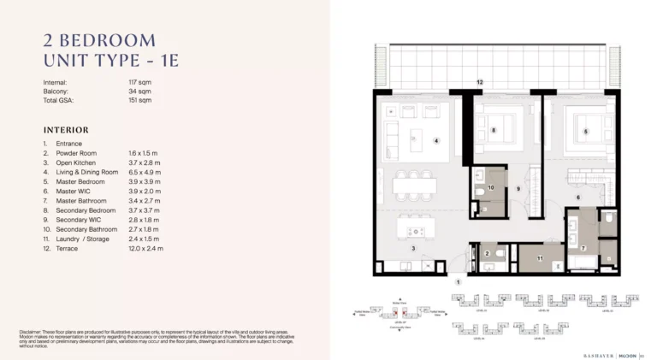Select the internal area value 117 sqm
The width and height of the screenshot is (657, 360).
[x=139, y=82]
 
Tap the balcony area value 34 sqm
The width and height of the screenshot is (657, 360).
[x=138, y=91]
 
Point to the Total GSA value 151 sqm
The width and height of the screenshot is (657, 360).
[x=139, y=100]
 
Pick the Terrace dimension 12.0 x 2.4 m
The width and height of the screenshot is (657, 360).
[x=146, y=248]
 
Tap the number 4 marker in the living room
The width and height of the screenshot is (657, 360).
[x=436, y=140]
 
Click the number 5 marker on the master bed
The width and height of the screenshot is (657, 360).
[x=586, y=131]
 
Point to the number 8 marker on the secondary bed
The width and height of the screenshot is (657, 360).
[x=494, y=130]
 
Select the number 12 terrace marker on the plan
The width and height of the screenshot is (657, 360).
[x=480, y=81]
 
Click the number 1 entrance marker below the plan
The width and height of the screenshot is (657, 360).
[x=458, y=280]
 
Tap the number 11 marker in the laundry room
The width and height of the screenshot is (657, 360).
[x=541, y=257]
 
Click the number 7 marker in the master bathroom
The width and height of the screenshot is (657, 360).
[x=584, y=248]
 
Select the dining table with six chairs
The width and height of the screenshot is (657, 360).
[x=412, y=185]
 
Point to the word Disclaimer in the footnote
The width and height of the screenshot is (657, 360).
[x=33, y=331]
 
